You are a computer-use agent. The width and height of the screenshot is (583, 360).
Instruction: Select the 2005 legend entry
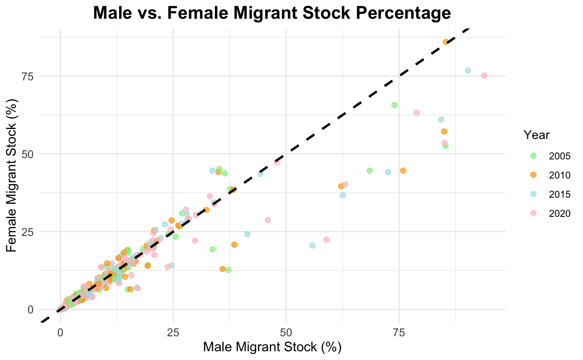[x=553, y=156]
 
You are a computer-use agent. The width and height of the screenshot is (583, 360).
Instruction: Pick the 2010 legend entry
[x=553, y=175]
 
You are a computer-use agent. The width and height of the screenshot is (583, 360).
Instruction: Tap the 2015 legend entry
[x=553, y=194]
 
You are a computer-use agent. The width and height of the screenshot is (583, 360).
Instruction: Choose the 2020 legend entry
[x=553, y=213]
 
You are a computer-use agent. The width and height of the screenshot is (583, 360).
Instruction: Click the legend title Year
[x=537, y=135]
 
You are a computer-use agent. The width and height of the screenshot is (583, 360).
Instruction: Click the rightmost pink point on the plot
[x=484, y=75]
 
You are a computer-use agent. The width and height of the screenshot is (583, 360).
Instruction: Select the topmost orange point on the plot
[x=446, y=42]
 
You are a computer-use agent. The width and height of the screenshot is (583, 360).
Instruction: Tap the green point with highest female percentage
[x=394, y=105]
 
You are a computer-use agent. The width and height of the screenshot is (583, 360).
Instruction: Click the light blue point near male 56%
[x=312, y=246]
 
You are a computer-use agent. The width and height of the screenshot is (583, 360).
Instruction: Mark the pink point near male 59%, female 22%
[x=326, y=240]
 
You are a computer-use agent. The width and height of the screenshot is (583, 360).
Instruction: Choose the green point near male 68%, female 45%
[x=369, y=171]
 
